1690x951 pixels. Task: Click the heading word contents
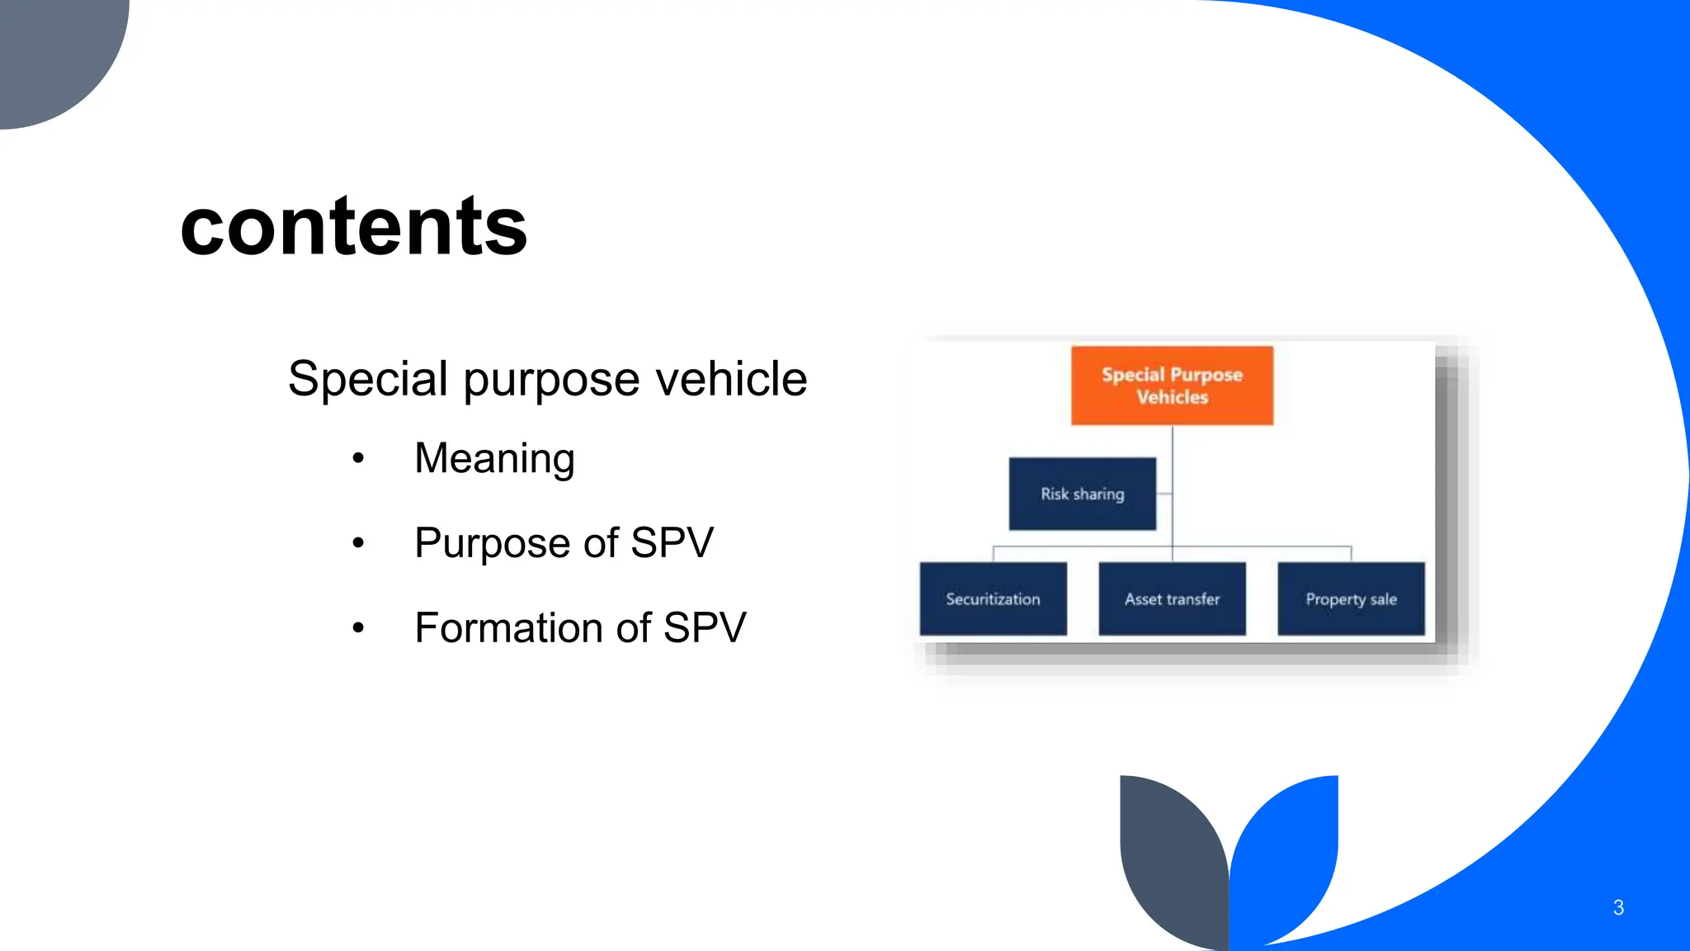[x=353, y=226]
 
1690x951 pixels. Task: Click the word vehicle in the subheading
[x=730, y=380]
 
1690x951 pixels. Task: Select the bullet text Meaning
[x=494, y=459]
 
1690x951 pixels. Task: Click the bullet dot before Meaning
[x=357, y=458]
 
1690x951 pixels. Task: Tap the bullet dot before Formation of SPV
[x=357, y=628]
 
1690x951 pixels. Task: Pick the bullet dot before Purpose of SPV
[x=357, y=543]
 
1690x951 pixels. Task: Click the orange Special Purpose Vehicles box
[x=1172, y=386]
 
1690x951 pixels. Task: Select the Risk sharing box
[x=1082, y=494]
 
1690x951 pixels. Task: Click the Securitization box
[x=993, y=599]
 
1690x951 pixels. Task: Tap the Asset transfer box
[x=1172, y=599]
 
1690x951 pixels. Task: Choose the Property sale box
[x=1351, y=599]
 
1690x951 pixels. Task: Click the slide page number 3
[x=1618, y=908]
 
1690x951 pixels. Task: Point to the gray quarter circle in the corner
[x=50, y=50]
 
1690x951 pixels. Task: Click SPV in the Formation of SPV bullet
[x=705, y=628]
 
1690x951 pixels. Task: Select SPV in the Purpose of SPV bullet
[x=672, y=544]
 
